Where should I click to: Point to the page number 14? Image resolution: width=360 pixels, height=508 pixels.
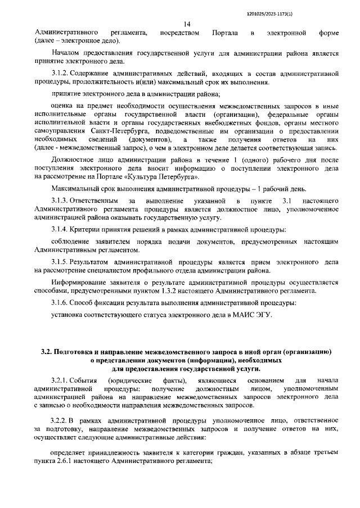point(187,24)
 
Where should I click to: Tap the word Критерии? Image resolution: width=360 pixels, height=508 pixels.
point(87,229)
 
